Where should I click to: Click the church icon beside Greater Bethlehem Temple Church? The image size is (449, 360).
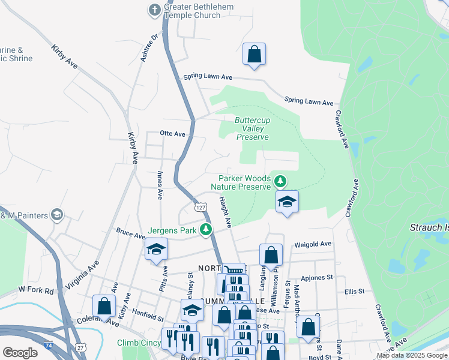pos(155,10)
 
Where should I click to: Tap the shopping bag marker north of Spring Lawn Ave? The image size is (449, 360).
pos(254,54)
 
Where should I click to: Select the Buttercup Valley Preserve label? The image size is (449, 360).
pos(252,128)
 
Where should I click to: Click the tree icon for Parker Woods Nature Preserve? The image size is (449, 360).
pos(280,181)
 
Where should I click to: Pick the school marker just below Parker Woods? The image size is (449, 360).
pos(288,202)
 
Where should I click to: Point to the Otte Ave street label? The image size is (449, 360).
pos(173,134)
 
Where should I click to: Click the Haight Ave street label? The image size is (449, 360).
pos(224,212)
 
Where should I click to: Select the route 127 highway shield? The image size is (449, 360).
pos(200,206)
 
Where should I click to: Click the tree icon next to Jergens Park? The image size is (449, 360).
pos(206,230)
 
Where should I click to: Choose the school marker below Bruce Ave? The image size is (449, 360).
pos(156,249)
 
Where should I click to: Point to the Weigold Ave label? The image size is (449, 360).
pos(313,244)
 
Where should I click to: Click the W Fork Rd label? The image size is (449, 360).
pos(36,290)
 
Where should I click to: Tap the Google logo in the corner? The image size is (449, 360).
pos(20,353)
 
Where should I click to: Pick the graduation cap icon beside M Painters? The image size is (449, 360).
pos(57,214)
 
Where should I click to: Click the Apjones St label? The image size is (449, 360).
pos(316,278)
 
